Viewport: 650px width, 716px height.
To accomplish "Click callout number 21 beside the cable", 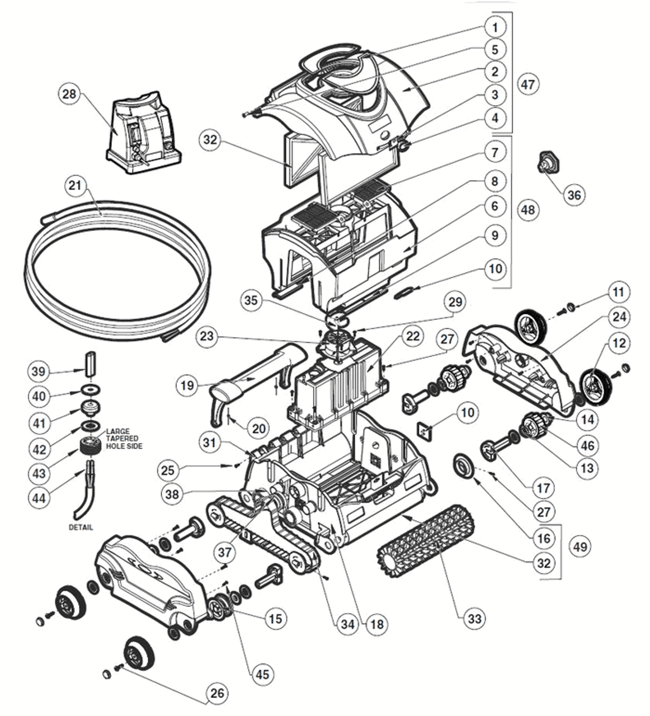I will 77,186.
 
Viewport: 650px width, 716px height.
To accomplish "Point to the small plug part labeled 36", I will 543,162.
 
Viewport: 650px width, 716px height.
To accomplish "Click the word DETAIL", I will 81,527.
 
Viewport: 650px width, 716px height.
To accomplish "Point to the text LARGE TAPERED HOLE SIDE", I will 123,439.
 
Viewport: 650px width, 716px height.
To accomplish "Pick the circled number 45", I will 262,674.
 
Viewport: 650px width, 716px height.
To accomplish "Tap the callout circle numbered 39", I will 40,371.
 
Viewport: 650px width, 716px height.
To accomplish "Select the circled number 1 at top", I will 494,26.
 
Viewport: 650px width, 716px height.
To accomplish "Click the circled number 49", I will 580,546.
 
